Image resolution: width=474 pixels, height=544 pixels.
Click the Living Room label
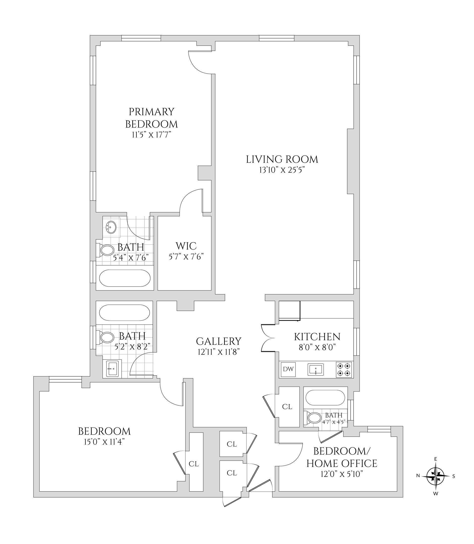(x=282, y=159)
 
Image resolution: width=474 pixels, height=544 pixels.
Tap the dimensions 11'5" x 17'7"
(x=152, y=135)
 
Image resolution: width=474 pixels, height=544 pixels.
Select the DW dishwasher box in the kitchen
(x=288, y=369)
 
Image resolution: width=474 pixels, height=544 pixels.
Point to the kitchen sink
(x=316, y=369)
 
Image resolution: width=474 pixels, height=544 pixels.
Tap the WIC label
(x=186, y=246)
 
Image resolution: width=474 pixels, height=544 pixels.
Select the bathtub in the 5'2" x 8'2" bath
(x=124, y=312)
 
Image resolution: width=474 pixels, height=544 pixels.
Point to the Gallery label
(x=218, y=341)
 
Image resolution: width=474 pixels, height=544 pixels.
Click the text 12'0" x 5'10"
(x=342, y=474)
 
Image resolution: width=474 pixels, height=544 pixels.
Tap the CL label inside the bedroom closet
(x=194, y=464)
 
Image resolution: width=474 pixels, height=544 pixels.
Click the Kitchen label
(x=317, y=337)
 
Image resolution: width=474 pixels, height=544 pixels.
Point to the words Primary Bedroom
(x=152, y=118)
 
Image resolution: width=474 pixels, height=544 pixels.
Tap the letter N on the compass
(x=418, y=476)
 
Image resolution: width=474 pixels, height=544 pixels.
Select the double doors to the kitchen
(x=268, y=338)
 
